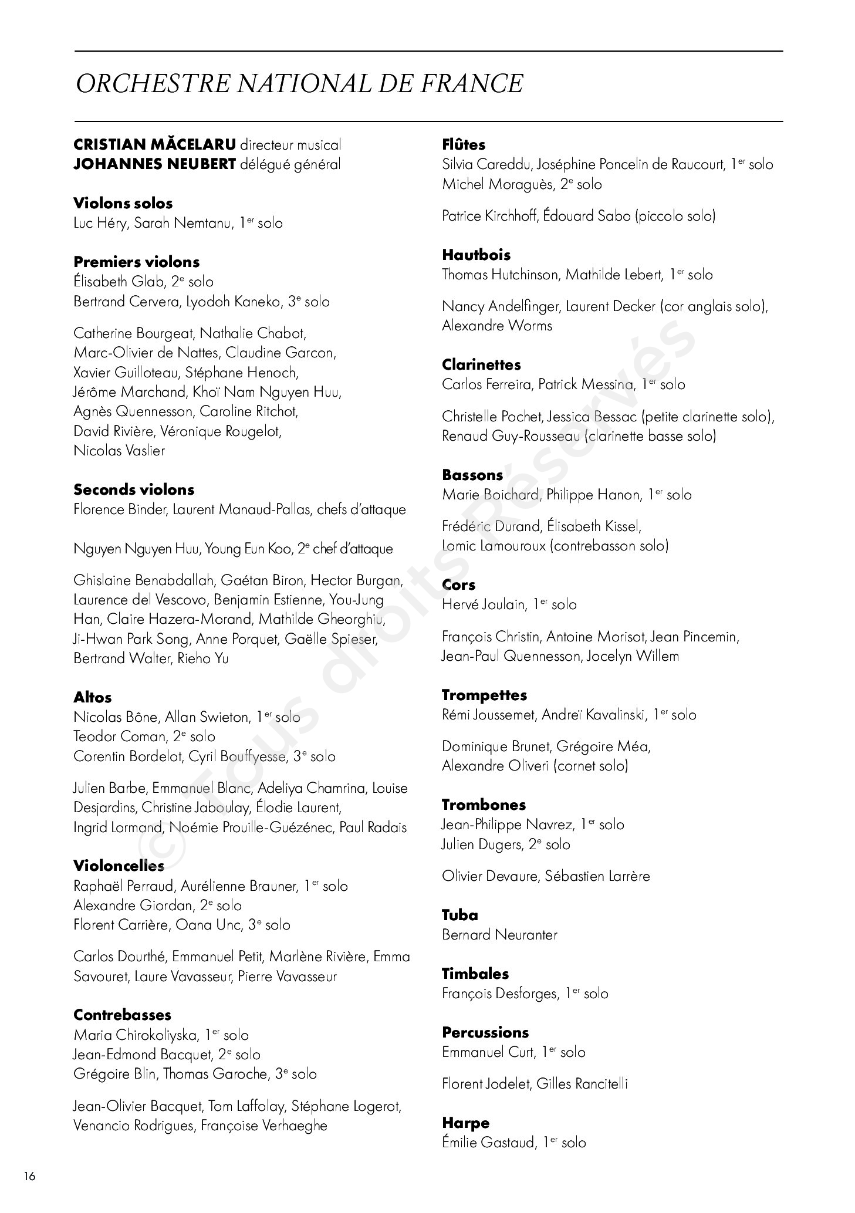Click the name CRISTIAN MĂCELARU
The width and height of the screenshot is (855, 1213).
155,144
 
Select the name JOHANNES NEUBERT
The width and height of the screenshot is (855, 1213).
154,164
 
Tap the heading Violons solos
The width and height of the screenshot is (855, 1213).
123,204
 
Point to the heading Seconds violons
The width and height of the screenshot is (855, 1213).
134,489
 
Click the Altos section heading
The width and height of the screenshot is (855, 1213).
93,697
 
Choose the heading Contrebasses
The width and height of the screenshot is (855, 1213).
122,1015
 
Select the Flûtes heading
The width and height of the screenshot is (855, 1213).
464,144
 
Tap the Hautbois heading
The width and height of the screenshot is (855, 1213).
476,255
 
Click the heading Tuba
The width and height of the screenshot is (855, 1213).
459,915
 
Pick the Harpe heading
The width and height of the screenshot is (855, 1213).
465,1123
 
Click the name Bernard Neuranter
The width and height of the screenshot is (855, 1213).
499,935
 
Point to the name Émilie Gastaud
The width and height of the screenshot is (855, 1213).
488,1143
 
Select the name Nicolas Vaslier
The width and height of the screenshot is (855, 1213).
119,451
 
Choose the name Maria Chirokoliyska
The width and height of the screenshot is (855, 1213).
136,1035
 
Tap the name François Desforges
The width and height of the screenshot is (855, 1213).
499,994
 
